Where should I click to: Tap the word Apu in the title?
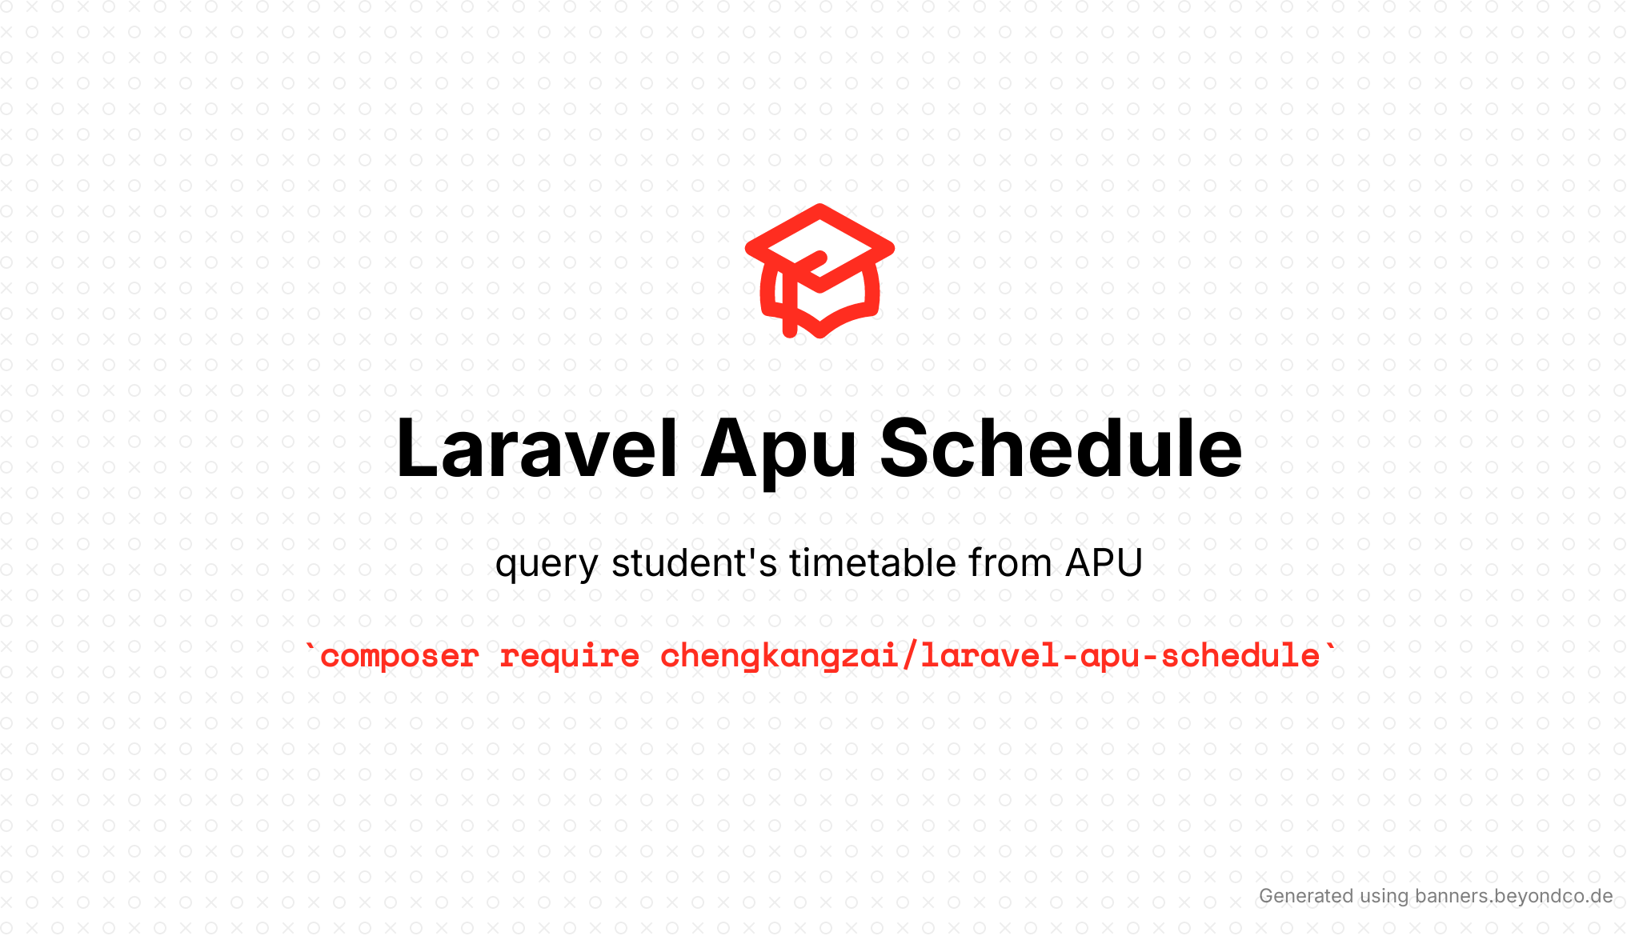coord(779,456)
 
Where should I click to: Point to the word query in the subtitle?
coord(546,566)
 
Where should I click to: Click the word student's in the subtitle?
coord(694,562)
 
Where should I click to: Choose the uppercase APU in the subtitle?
coord(1104,563)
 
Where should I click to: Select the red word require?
coord(570,657)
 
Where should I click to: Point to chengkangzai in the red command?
coord(780,657)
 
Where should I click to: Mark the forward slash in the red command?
coord(910,656)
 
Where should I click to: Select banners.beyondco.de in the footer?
coord(1513,896)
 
